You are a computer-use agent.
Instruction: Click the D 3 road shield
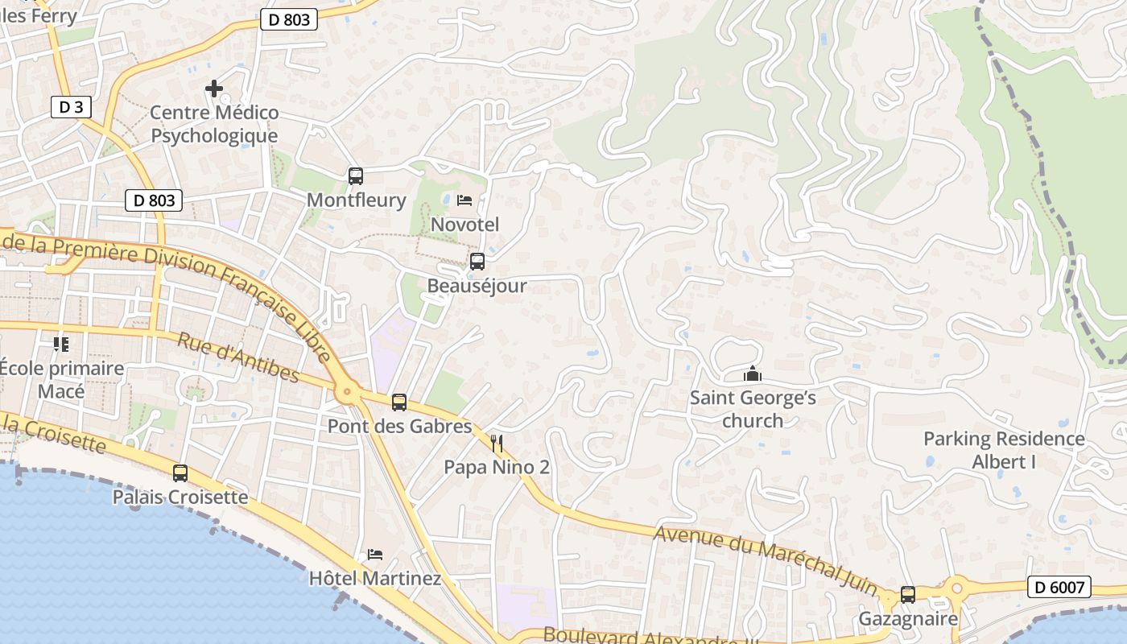tap(71, 107)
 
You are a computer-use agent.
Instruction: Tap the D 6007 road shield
tap(1059, 588)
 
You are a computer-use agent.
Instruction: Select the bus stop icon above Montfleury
tap(356, 175)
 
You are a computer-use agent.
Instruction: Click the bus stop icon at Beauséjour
tap(477, 262)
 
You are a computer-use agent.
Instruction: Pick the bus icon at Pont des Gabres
tap(398, 402)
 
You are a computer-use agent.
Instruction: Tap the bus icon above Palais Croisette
tap(180, 473)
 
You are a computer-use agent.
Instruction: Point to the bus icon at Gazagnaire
tap(908, 595)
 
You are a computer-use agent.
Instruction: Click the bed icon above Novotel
tap(464, 200)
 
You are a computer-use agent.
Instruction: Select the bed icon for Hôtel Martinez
tap(375, 555)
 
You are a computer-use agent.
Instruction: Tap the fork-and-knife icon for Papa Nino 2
tap(497, 443)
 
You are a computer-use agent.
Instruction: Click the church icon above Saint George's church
tap(753, 374)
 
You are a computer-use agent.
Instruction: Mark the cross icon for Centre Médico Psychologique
tap(214, 88)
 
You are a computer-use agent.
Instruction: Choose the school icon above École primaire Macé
tap(61, 345)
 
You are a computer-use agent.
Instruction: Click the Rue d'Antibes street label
tap(238, 358)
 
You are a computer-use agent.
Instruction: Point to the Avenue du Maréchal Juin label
tap(765, 561)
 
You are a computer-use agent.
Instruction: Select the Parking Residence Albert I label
tap(1004, 450)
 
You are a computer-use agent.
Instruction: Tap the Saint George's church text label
tap(753, 409)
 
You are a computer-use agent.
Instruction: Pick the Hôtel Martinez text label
tap(375, 578)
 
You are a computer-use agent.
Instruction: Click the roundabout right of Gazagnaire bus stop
tap(957, 588)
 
